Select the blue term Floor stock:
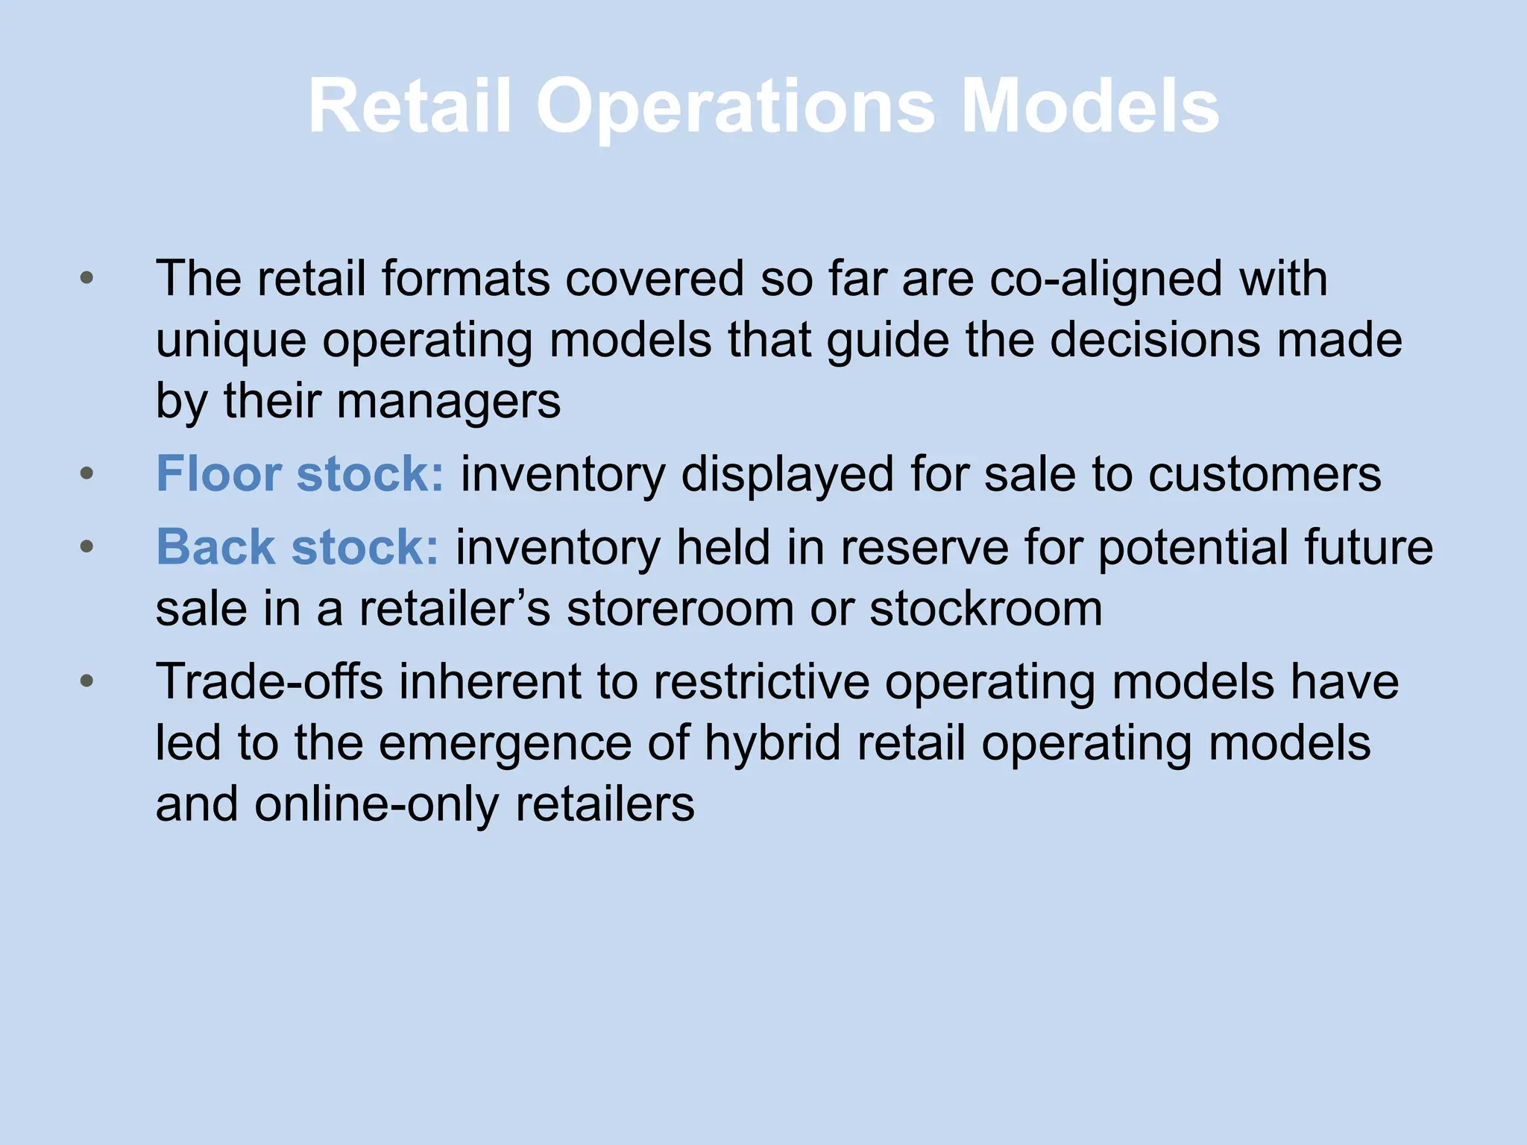[300, 474]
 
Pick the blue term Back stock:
[297, 547]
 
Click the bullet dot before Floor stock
[87, 473]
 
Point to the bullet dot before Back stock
[87, 546]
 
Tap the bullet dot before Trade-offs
[87, 681]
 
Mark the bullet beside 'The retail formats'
[87, 278]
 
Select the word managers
[448, 401]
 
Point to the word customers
[1265, 474]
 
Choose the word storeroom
[680, 608]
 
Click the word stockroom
[986, 608]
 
